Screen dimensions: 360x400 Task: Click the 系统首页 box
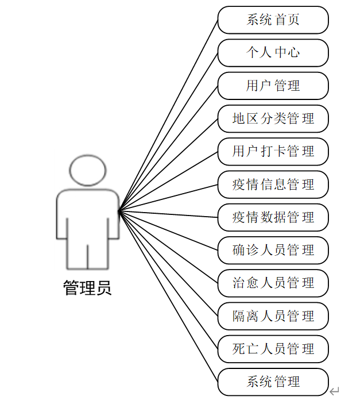coord(273,20)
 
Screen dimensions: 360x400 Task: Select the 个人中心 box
coord(273,53)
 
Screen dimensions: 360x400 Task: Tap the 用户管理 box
coord(273,86)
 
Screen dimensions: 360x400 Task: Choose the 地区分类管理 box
coord(273,119)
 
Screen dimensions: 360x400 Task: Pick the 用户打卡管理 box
coord(273,152)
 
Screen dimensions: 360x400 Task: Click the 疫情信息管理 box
coord(273,185)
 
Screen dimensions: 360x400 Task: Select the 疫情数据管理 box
coord(273,218)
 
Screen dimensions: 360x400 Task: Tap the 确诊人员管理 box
coord(273,251)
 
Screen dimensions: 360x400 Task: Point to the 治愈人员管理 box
coord(273,283)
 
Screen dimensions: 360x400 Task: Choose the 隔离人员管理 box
coord(273,316)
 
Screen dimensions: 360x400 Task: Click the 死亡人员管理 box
coord(273,349)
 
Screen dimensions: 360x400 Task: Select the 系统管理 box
coord(273,382)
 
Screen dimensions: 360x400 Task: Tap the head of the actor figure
coord(88,170)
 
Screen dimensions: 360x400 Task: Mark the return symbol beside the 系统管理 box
coord(335,391)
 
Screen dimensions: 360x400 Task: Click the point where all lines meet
coord(119,211)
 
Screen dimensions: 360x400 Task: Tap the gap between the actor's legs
coord(88,256)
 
